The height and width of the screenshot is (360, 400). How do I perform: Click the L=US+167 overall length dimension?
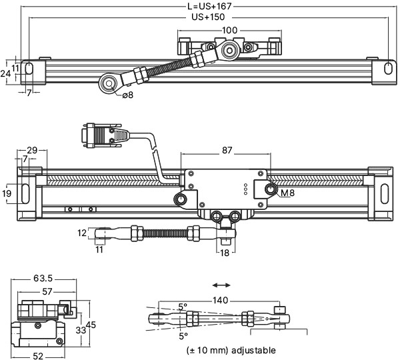click(209, 7)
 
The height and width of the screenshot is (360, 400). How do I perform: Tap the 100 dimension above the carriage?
click(229, 31)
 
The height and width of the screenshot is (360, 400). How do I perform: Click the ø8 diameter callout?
click(127, 95)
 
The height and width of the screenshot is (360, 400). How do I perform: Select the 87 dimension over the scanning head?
click(227, 151)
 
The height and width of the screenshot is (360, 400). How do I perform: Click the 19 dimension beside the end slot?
click(7, 193)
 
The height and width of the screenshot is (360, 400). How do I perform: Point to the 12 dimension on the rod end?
click(81, 233)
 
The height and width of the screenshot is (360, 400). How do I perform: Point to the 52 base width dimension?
click(38, 356)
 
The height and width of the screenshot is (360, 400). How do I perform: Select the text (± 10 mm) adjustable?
click(231, 350)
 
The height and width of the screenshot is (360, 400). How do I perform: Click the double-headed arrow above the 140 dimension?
click(221, 284)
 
